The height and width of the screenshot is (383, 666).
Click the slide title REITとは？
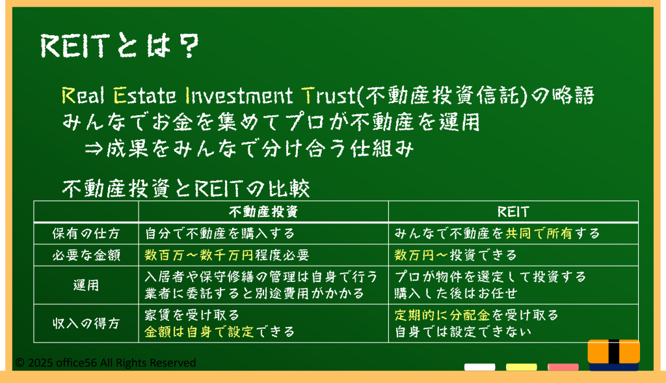click(120, 46)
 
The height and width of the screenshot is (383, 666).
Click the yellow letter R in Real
click(68, 96)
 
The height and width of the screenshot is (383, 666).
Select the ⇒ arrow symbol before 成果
click(94, 149)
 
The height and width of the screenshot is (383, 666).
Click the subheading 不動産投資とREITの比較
click(186, 189)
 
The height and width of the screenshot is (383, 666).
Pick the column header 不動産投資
click(263, 212)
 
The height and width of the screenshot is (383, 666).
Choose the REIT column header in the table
click(513, 212)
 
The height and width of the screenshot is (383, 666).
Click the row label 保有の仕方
click(87, 234)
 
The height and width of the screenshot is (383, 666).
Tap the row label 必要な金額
click(87, 255)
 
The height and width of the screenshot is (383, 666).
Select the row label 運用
click(87, 285)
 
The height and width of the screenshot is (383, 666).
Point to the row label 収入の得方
click(87, 324)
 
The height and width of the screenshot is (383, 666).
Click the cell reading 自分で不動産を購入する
click(220, 234)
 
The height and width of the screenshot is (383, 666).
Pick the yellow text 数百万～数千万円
click(199, 255)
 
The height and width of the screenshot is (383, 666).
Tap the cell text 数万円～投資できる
click(455, 255)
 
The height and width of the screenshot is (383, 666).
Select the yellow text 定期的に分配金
click(442, 315)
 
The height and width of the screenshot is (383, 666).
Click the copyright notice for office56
click(105, 363)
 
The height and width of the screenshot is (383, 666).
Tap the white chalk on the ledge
click(479, 367)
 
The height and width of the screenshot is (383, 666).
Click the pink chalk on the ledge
click(563, 367)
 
